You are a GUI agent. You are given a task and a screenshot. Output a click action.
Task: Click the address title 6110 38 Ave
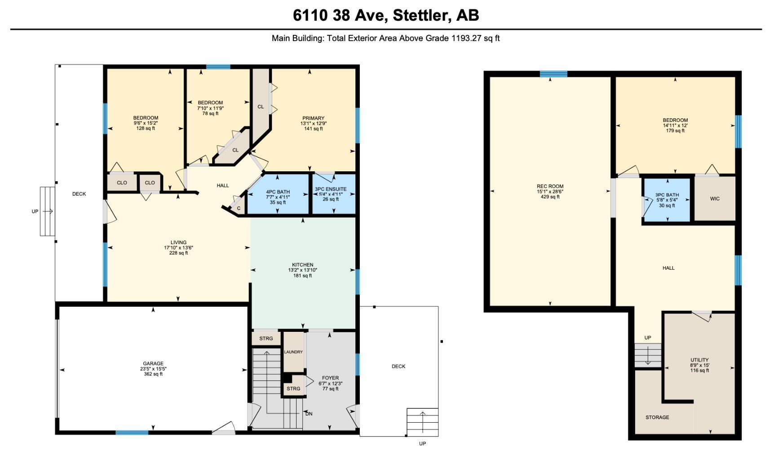coord(386,15)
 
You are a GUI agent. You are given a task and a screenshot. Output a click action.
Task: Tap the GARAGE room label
coord(153,363)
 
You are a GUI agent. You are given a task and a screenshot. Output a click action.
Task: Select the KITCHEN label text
coord(303,265)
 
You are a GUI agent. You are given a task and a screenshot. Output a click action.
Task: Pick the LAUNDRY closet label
coord(293,352)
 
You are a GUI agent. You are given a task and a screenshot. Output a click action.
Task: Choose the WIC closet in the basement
coord(715,198)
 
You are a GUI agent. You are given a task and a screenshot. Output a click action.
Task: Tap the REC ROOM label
coord(550,186)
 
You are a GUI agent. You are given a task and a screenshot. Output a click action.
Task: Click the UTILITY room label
coord(699,360)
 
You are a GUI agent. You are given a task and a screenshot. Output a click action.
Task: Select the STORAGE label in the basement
coord(657,417)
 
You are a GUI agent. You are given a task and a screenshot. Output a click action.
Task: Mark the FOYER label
coord(330,378)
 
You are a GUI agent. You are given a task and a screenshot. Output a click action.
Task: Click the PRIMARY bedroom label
coord(313,118)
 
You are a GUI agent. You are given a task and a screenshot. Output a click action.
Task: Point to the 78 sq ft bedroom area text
coord(210,114)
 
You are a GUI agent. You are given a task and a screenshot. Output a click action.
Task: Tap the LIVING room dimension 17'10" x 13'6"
coord(178,248)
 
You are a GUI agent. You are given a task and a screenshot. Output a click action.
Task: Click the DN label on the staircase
coord(309,414)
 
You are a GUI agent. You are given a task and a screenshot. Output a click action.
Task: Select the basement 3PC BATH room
coord(667,200)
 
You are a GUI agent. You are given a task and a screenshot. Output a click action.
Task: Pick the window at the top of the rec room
coord(553,74)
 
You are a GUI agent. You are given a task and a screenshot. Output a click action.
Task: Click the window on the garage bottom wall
coord(132,433)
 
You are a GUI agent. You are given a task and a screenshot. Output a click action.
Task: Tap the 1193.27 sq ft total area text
coord(475,38)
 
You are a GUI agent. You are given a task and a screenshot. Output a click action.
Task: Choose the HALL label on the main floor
coord(223,185)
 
